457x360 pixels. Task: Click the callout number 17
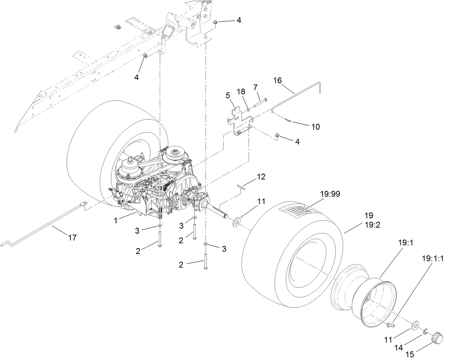[x=72, y=238]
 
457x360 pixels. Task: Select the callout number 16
[x=278, y=80]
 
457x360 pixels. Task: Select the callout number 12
[x=261, y=177]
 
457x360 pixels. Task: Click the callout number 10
[x=315, y=126]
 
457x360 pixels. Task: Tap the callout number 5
[x=228, y=96]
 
